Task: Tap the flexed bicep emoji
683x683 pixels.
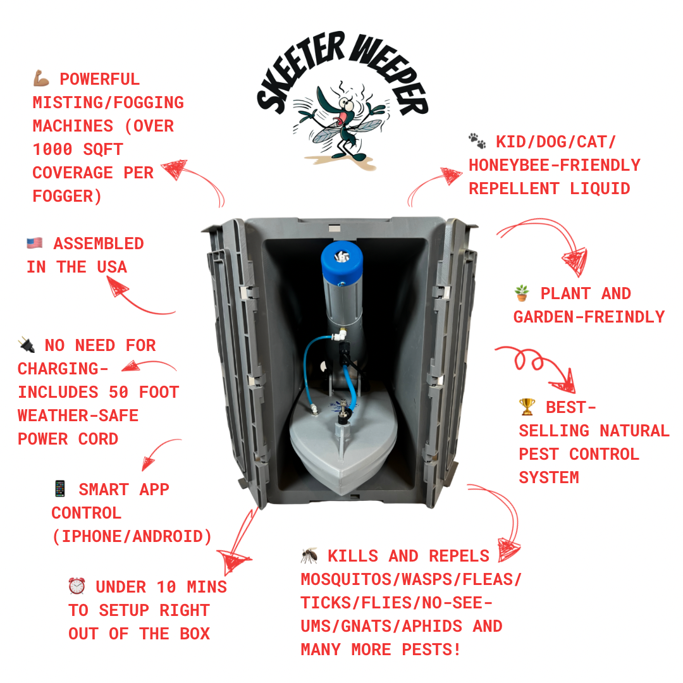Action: (41, 80)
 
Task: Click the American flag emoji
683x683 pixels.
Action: (35, 243)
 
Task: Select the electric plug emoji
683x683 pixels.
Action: (27, 346)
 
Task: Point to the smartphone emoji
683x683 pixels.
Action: (60, 489)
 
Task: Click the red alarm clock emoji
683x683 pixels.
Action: (77, 587)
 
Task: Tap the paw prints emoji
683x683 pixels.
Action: (477, 141)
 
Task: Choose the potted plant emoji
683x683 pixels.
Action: (522, 293)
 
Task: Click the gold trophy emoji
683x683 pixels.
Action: (527, 407)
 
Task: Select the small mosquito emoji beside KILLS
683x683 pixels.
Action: (309, 556)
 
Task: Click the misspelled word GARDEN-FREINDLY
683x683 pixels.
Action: (589, 317)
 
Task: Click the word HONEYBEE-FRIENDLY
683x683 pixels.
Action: (554, 165)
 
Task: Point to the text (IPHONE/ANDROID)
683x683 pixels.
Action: (132, 536)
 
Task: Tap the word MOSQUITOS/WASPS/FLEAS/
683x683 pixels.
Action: (411, 579)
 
